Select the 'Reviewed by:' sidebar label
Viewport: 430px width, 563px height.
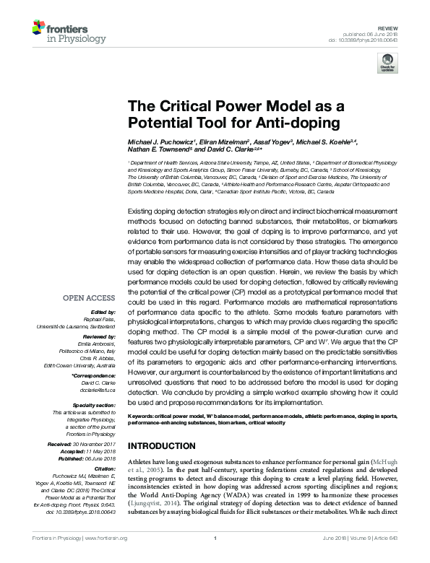[98, 336]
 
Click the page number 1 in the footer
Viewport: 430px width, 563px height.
[215, 557]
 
